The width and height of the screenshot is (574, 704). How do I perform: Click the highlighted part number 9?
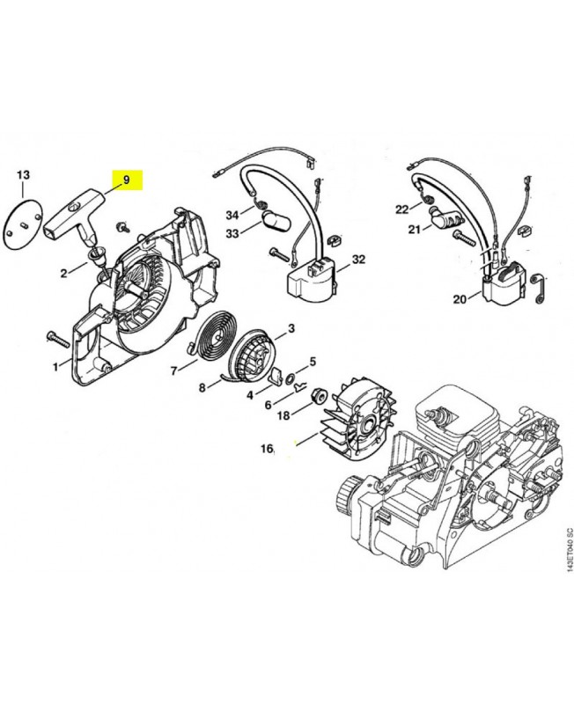(x=128, y=180)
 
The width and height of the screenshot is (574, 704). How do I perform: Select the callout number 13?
(x=24, y=174)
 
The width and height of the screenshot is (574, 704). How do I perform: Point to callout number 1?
(x=55, y=365)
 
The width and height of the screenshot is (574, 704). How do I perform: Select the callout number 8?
(x=202, y=386)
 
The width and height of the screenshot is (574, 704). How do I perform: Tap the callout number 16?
(x=267, y=449)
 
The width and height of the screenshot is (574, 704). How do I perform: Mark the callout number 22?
(x=402, y=209)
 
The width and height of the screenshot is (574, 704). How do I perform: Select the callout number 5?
(x=313, y=361)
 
